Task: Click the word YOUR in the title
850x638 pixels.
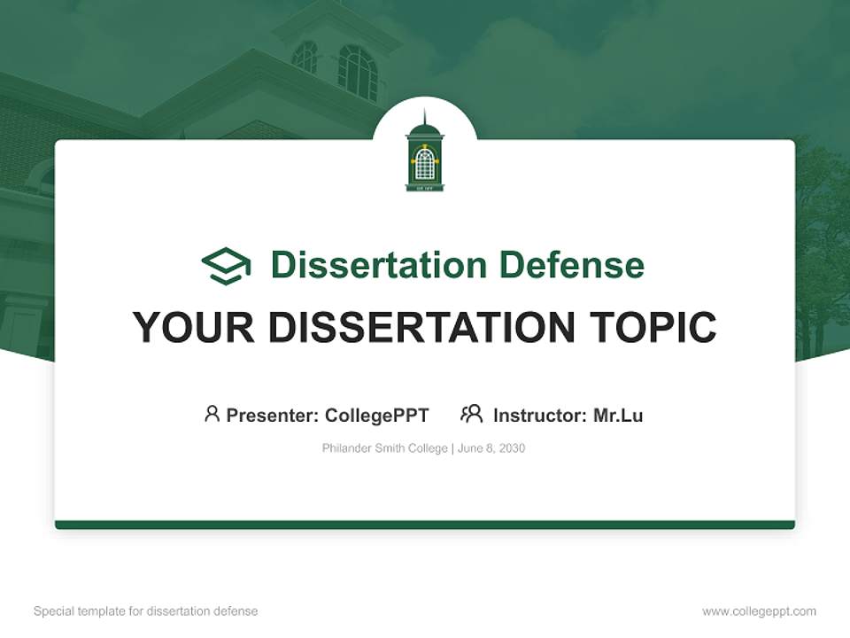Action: pos(193,328)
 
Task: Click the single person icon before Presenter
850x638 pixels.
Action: pos(212,414)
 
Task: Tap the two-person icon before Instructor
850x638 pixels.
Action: pos(471,414)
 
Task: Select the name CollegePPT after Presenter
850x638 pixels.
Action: pos(376,415)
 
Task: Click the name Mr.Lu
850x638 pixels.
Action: pos(618,415)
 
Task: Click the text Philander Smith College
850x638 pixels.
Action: pos(384,448)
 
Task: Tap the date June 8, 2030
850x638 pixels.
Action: pos(491,448)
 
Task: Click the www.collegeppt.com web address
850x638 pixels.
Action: pos(759,611)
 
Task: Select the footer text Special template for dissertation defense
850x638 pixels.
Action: pos(145,611)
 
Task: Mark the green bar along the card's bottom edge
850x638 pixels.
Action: pos(425,525)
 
